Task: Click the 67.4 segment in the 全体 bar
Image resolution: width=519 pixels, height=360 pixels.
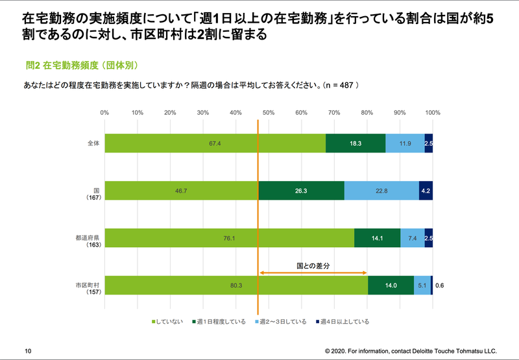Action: pyautogui.click(x=215, y=143)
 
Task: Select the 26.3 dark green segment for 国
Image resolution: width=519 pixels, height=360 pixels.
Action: pyautogui.click(x=301, y=191)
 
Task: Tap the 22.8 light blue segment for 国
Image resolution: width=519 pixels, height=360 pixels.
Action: pyautogui.click(x=381, y=191)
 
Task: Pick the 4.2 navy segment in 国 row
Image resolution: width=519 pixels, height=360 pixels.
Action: pyautogui.click(x=426, y=191)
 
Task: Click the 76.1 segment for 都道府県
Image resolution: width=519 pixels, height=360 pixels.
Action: pyautogui.click(x=229, y=238)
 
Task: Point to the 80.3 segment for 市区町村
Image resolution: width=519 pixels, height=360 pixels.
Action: pyautogui.click(x=236, y=285)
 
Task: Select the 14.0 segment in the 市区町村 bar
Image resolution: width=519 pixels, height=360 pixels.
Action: pyautogui.click(x=391, y=285)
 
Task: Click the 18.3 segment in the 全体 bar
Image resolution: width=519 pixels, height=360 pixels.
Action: pyautogui.click(x=356, y=143)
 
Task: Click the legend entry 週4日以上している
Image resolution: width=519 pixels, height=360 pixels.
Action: pyautogui.click(x=344, y=321)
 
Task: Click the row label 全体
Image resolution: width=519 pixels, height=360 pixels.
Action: pyautogui.click(x=92, y=143)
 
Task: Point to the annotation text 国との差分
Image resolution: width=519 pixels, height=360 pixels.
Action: pyautogui.click(x=314, y=265)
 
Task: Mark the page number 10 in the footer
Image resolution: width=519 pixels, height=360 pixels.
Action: pyautogui.click(x=28, y=350)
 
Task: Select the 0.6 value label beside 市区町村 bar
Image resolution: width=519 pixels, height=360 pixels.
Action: pyautogui.click(x=440, y=285)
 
